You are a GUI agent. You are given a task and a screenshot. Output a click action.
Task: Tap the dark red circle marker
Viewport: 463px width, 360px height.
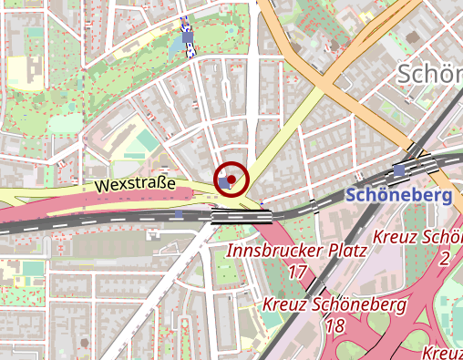point(231,179)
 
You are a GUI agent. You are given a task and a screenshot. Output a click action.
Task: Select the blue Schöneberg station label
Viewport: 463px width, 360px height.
point(399,196)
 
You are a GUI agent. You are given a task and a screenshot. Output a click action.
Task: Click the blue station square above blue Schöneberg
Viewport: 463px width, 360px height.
point(399,170)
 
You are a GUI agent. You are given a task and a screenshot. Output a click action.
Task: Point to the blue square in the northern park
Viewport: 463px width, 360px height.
point(189,38)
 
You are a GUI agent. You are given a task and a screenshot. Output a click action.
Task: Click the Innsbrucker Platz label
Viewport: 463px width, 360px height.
point(295,250)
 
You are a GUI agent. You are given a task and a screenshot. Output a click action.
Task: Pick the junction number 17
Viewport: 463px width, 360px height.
point(297,272)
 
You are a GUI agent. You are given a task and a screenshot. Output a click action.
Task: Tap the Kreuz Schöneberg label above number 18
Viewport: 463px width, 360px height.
point(333,304)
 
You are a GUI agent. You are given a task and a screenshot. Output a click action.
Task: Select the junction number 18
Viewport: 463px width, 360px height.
point(334,325)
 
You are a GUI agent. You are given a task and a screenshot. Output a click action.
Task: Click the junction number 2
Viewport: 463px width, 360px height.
point(444,259)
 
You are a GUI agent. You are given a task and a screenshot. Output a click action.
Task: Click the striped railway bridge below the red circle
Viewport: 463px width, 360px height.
point(241,216)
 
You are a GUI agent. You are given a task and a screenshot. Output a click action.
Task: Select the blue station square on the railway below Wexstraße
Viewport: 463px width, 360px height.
point(179,214)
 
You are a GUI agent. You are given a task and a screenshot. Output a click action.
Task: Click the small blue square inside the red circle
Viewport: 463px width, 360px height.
point(225,182)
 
